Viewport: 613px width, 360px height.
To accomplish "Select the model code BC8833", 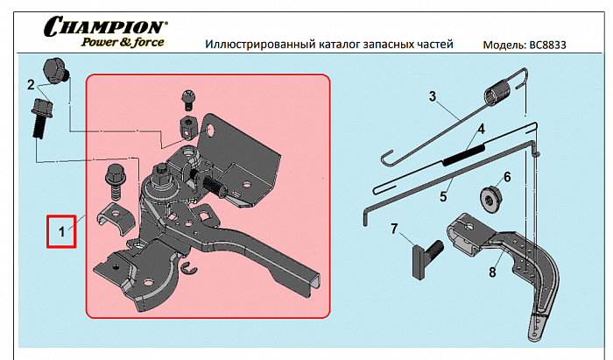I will click(x=541, y=44).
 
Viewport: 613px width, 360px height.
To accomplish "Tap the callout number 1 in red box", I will click(x=61, y=232).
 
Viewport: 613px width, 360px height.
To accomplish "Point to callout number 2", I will click(x=31, y=85).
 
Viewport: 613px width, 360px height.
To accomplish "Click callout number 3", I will click(x=432, y=95).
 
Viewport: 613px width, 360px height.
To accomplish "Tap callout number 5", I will click(x=444, y=185).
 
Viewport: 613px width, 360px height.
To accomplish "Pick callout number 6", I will click(x=505, y=176).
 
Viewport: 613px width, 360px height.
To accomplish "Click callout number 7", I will click(x=394, y=229).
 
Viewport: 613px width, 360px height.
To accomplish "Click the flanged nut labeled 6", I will click(x=490, y=197).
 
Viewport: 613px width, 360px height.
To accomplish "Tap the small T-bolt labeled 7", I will click(x=424, y=257).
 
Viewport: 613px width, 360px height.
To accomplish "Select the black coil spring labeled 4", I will click(x=464, y=157).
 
